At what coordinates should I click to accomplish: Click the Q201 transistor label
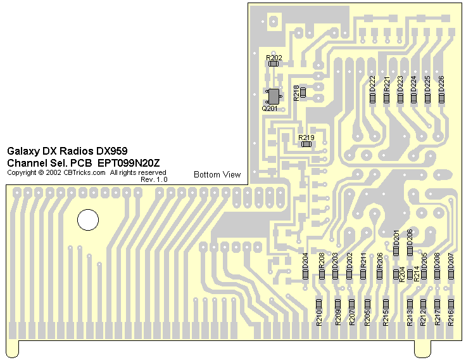(x=270, y=108)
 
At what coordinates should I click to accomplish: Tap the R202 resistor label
(x=274, y=58)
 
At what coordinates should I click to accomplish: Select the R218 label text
(x=296, y=93)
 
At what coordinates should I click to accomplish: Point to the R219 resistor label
(x=306, y=138)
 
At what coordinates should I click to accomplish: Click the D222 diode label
(x=372, y=83)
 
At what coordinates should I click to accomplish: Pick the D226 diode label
(x=441, y=83)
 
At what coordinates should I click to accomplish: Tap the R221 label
(x=386, y=83)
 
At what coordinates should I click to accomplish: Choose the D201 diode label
(x=396, y=238)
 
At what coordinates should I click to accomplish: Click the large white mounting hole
(x=88, y=220)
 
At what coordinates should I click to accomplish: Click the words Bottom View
(x=217, y=174)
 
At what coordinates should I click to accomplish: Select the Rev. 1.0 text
(x=154, y=179)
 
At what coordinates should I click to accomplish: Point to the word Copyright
(x=22, y=172)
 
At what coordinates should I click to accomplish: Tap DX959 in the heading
(x=111, y=151)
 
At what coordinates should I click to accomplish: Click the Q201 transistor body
(x=274, y=96)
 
